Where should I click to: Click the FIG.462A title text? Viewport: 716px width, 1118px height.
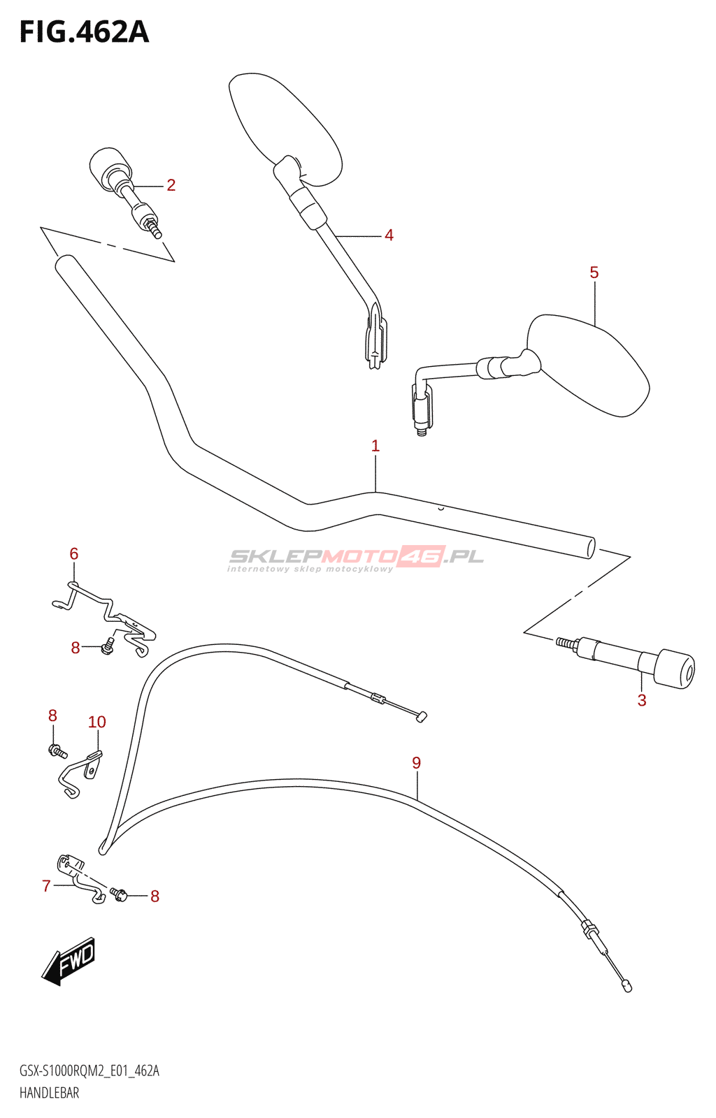pos(84,32)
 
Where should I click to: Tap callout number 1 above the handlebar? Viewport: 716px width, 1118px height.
pos(375,446)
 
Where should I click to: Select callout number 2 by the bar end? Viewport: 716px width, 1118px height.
pos(171,185)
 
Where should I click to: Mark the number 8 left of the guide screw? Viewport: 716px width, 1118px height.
pos(76,648)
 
